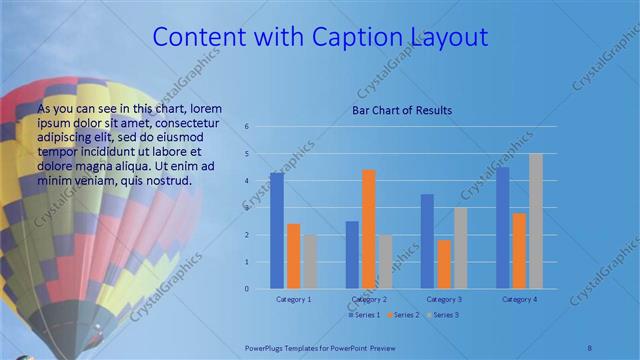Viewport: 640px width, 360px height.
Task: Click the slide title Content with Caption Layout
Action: tap(320, 38)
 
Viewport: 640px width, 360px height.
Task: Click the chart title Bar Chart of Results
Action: tap(401, 110)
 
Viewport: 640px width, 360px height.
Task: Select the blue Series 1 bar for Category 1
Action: tap(277, 231)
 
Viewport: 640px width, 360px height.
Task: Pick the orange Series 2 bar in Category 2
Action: tap(368, 229)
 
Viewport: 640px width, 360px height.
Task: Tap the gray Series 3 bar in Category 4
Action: tap(536, 221)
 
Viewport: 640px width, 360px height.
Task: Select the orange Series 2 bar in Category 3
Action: tap(444, 264)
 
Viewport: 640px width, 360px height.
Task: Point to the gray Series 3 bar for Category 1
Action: tap(310, 262)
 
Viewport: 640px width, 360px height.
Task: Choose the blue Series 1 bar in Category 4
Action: tap(503, 228)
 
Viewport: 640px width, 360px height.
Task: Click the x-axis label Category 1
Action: tap(293, 299)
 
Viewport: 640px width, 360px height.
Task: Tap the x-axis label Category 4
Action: tap(519, 299)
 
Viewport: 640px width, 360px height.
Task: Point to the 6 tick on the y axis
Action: tap(246, 127)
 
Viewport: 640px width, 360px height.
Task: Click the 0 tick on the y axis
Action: tap(246, 289)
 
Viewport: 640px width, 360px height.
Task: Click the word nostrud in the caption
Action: tap(168, 180)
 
